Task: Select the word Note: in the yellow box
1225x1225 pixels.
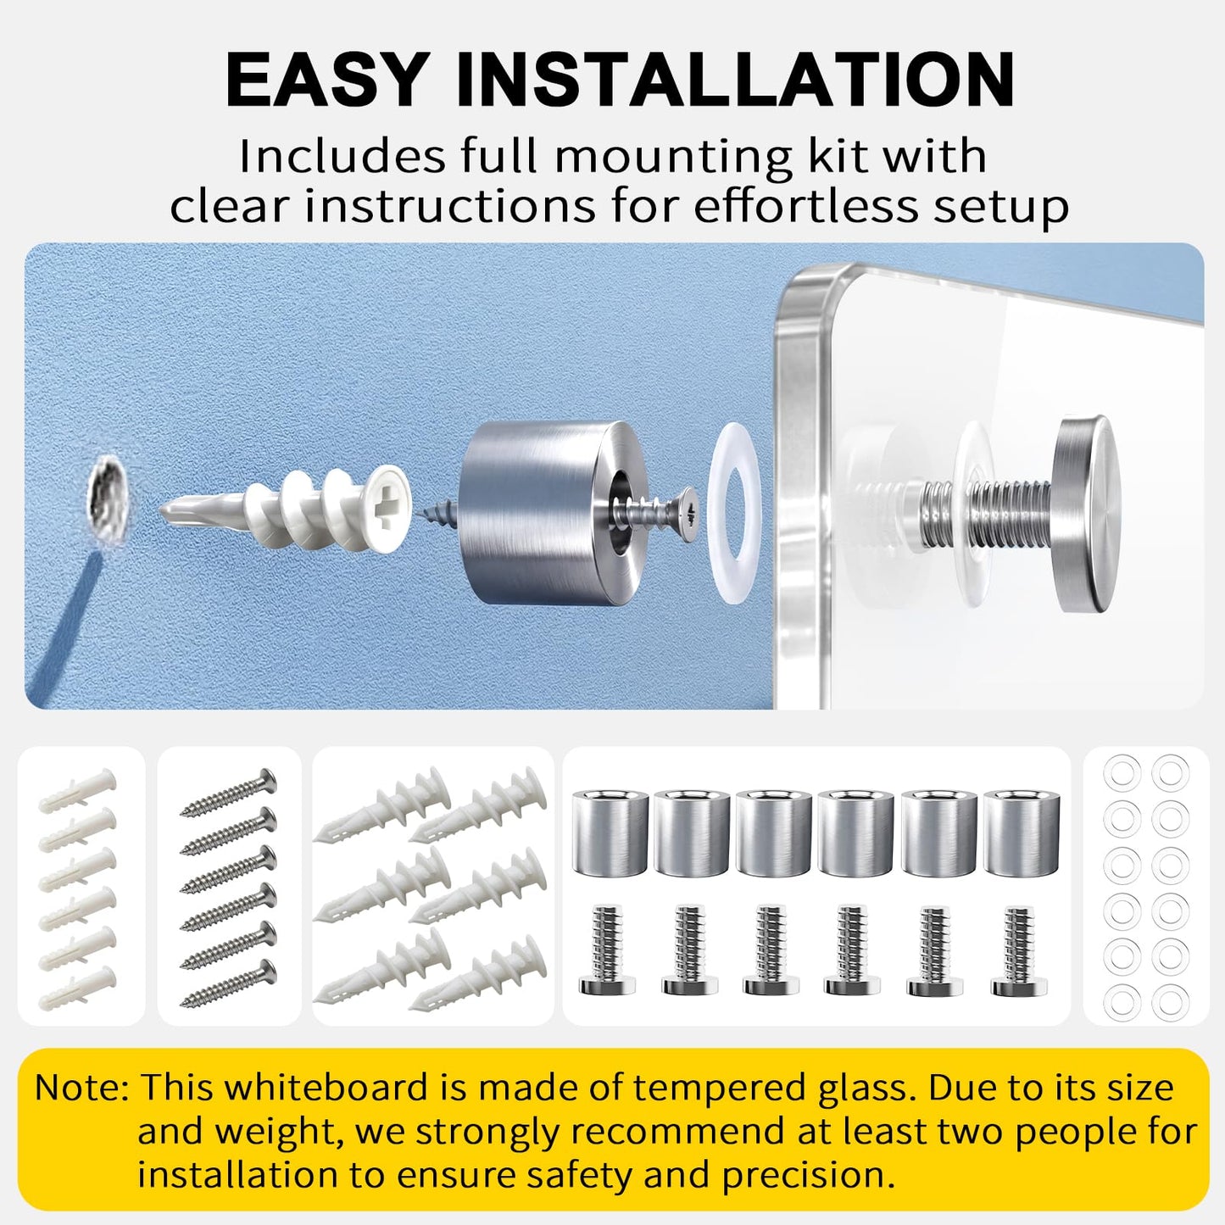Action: pos(81,1088)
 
